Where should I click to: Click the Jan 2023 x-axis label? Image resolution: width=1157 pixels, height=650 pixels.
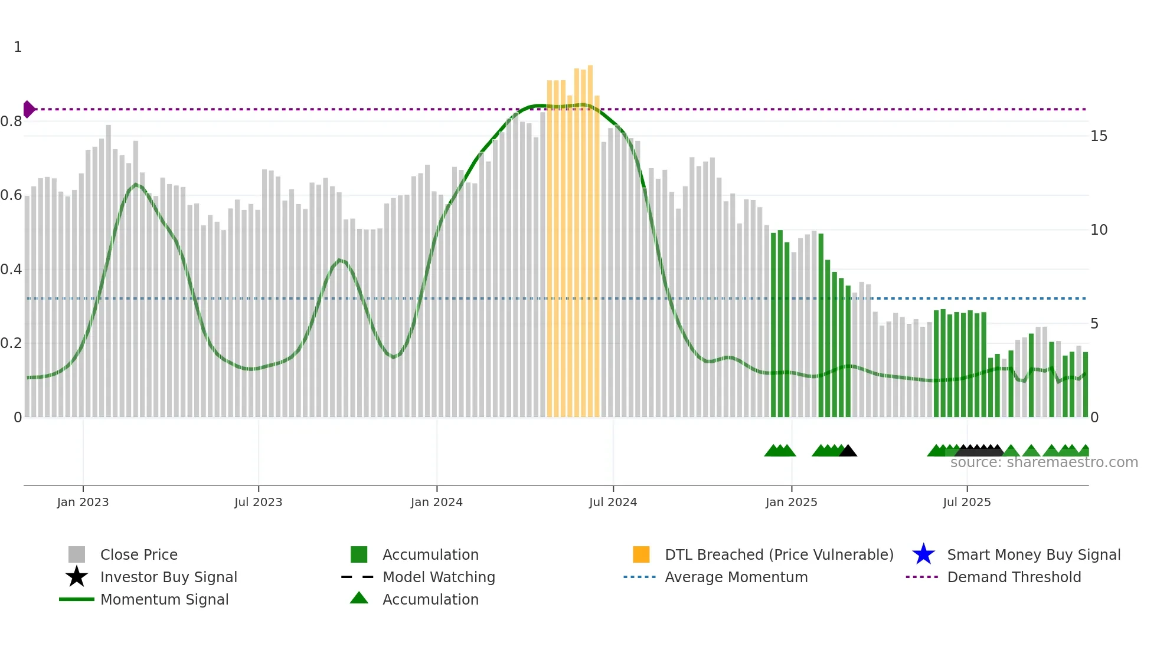83,502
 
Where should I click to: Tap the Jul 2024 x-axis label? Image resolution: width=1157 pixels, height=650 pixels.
613,502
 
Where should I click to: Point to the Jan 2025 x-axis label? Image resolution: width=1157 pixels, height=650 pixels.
791,502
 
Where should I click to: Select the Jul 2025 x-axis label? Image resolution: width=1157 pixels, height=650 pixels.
966,502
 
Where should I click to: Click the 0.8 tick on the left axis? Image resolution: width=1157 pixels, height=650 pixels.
11,122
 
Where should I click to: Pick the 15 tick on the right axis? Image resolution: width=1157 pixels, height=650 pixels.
1099,136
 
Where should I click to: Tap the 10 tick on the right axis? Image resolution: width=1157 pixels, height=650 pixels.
1099,230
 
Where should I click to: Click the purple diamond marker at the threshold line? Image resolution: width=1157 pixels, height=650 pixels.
28,109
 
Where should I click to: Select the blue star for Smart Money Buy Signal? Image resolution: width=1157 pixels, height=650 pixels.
923,554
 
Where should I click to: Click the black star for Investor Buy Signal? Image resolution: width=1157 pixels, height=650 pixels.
77,577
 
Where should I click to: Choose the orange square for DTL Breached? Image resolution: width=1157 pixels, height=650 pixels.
641,554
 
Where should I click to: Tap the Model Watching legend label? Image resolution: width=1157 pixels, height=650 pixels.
439,577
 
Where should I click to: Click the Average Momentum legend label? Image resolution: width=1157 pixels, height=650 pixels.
736,577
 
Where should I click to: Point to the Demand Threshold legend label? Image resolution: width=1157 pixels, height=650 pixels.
1014,577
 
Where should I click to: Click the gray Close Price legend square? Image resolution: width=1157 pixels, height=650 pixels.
77,554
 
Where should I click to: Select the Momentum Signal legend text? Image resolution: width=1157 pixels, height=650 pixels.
164,599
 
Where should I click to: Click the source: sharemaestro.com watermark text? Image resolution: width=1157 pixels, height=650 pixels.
1044,462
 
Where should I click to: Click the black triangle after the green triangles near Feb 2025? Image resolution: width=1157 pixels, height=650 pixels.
848,451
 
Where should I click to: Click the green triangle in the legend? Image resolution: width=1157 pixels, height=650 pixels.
359,598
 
